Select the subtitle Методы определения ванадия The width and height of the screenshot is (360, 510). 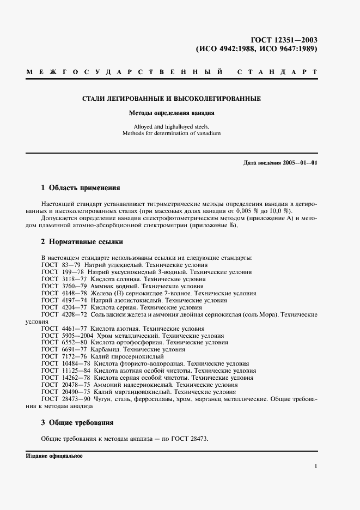pos(172,114)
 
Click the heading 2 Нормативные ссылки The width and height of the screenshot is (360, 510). pos(82,241)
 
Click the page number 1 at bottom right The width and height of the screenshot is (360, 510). pos(316,466)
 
